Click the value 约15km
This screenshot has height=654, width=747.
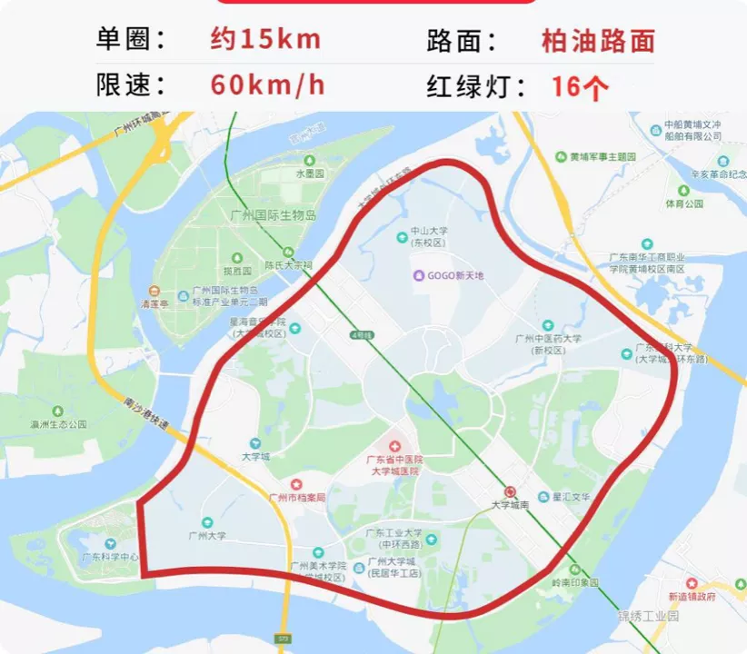point(265,40)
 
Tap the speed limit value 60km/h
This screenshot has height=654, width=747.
point(268,85)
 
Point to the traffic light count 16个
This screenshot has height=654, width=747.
point(580,86)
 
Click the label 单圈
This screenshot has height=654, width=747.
point(132,40)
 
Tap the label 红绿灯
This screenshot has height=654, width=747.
point(477,86)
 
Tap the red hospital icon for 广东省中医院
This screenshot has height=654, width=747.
point(394,446)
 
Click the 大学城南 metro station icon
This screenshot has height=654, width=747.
point(509,490)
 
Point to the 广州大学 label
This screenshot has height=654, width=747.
point(207,536)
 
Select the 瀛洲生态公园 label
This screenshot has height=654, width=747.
point(57,424)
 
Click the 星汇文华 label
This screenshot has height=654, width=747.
point(572,498)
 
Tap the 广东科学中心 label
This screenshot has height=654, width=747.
point(110,557)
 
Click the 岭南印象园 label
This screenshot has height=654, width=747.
point(575,582)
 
